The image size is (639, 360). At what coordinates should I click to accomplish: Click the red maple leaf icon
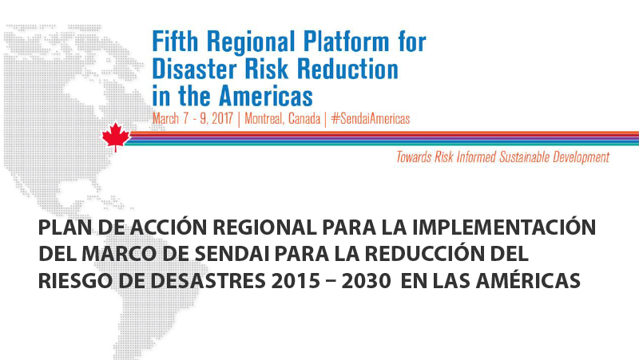point(116,137)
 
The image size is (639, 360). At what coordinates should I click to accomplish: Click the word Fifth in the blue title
point(175,42)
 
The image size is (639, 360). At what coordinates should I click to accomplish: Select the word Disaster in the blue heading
point(194,69)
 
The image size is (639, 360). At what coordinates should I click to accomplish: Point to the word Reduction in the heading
point(347,69)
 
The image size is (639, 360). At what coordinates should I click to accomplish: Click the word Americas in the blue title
point(266,96)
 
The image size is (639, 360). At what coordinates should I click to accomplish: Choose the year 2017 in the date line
point(222,119)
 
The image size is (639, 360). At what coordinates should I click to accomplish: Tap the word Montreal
point(264,119)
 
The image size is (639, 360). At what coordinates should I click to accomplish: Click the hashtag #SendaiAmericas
point(371,119)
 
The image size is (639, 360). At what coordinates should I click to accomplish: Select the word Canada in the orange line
point(304,119)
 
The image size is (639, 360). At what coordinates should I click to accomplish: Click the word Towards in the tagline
point(414,156)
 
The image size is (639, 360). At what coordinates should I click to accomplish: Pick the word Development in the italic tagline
point(581,157)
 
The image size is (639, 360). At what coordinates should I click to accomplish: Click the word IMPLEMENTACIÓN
point(504,227)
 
